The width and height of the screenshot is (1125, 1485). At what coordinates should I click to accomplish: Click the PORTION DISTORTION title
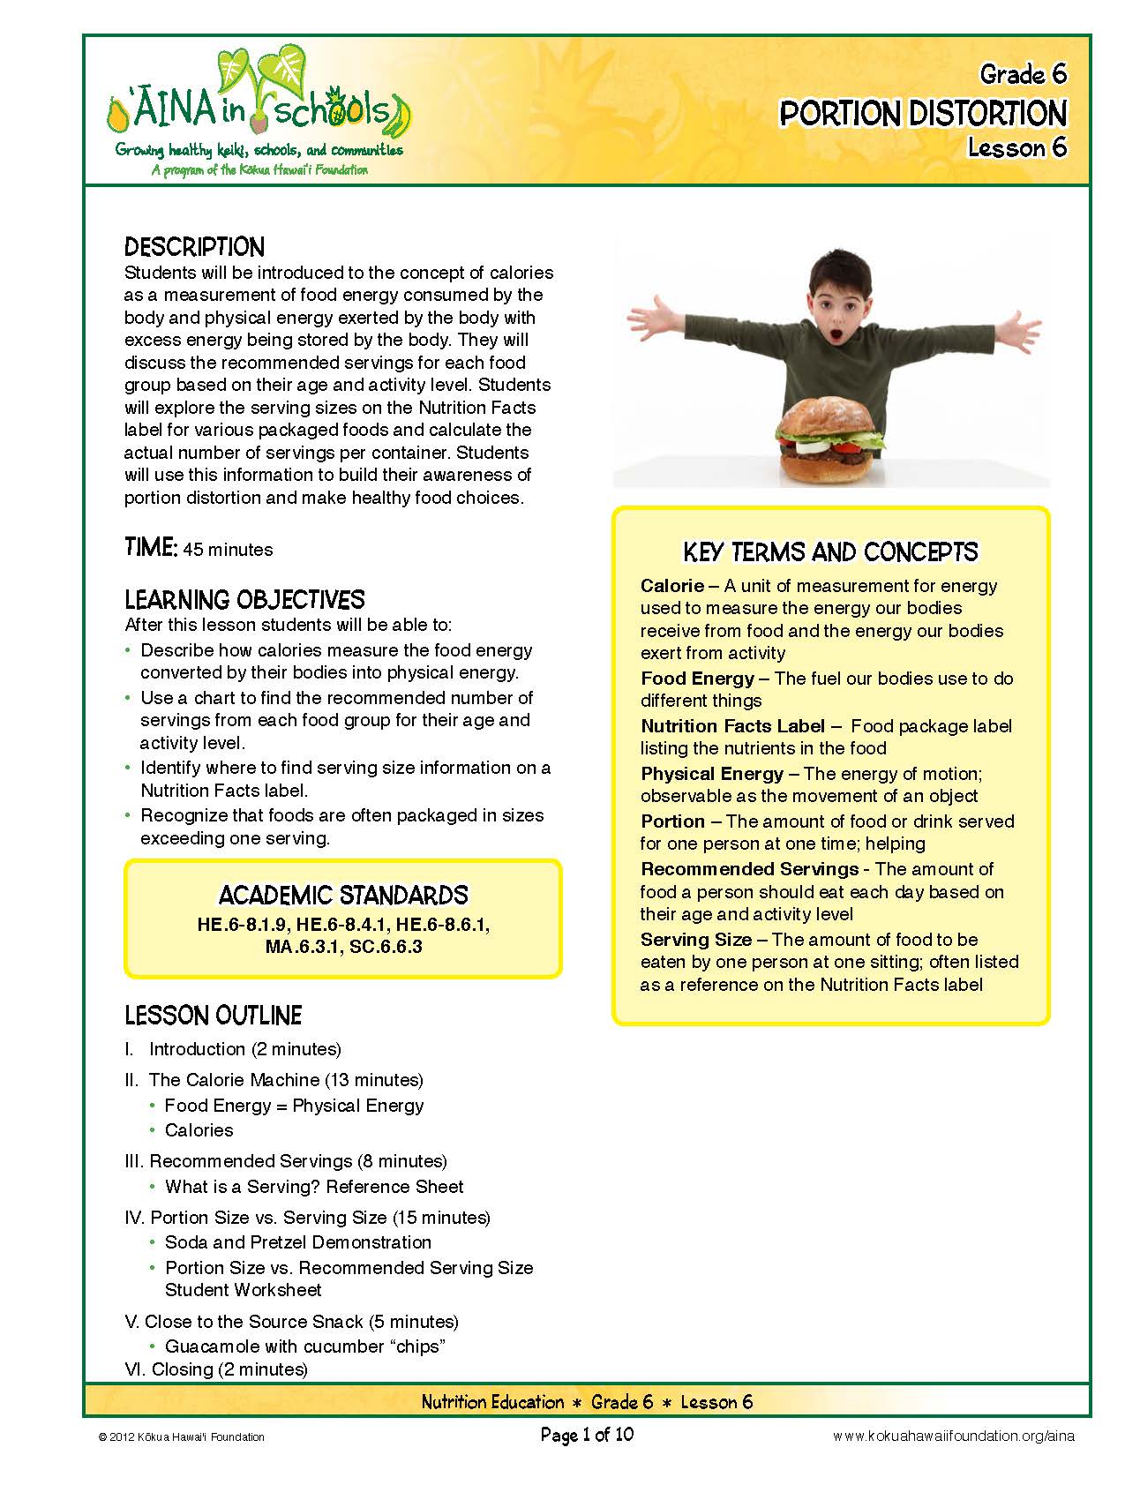[923, 114]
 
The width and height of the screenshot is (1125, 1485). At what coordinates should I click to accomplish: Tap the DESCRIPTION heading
[194, 247]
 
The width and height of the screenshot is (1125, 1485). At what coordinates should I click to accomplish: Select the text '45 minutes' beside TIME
[228, 550]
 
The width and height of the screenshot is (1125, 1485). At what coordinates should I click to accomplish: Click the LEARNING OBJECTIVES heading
[244, 600]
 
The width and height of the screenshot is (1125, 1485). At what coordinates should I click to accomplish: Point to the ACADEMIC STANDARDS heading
[343, 895]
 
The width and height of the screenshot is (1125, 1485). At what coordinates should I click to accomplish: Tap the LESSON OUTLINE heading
[213, 1016]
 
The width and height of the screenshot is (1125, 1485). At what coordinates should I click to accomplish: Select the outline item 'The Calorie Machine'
[234, 1080]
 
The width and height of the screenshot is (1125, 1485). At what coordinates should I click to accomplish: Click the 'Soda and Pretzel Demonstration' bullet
[298, 1242]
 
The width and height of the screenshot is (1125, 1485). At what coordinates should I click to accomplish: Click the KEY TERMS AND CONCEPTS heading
[830, 552]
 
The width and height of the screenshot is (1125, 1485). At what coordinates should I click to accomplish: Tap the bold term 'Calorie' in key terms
[671, 586]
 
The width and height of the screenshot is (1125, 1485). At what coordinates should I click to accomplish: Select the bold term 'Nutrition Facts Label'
[732, 726]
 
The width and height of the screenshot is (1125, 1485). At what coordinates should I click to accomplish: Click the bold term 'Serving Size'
[696, 940]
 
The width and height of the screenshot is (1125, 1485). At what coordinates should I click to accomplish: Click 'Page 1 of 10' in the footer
[587, 1435]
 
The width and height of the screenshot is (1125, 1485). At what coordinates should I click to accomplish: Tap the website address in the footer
[954, 1436]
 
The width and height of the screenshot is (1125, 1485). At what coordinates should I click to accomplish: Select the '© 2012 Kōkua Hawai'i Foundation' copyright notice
[182, 1436]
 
